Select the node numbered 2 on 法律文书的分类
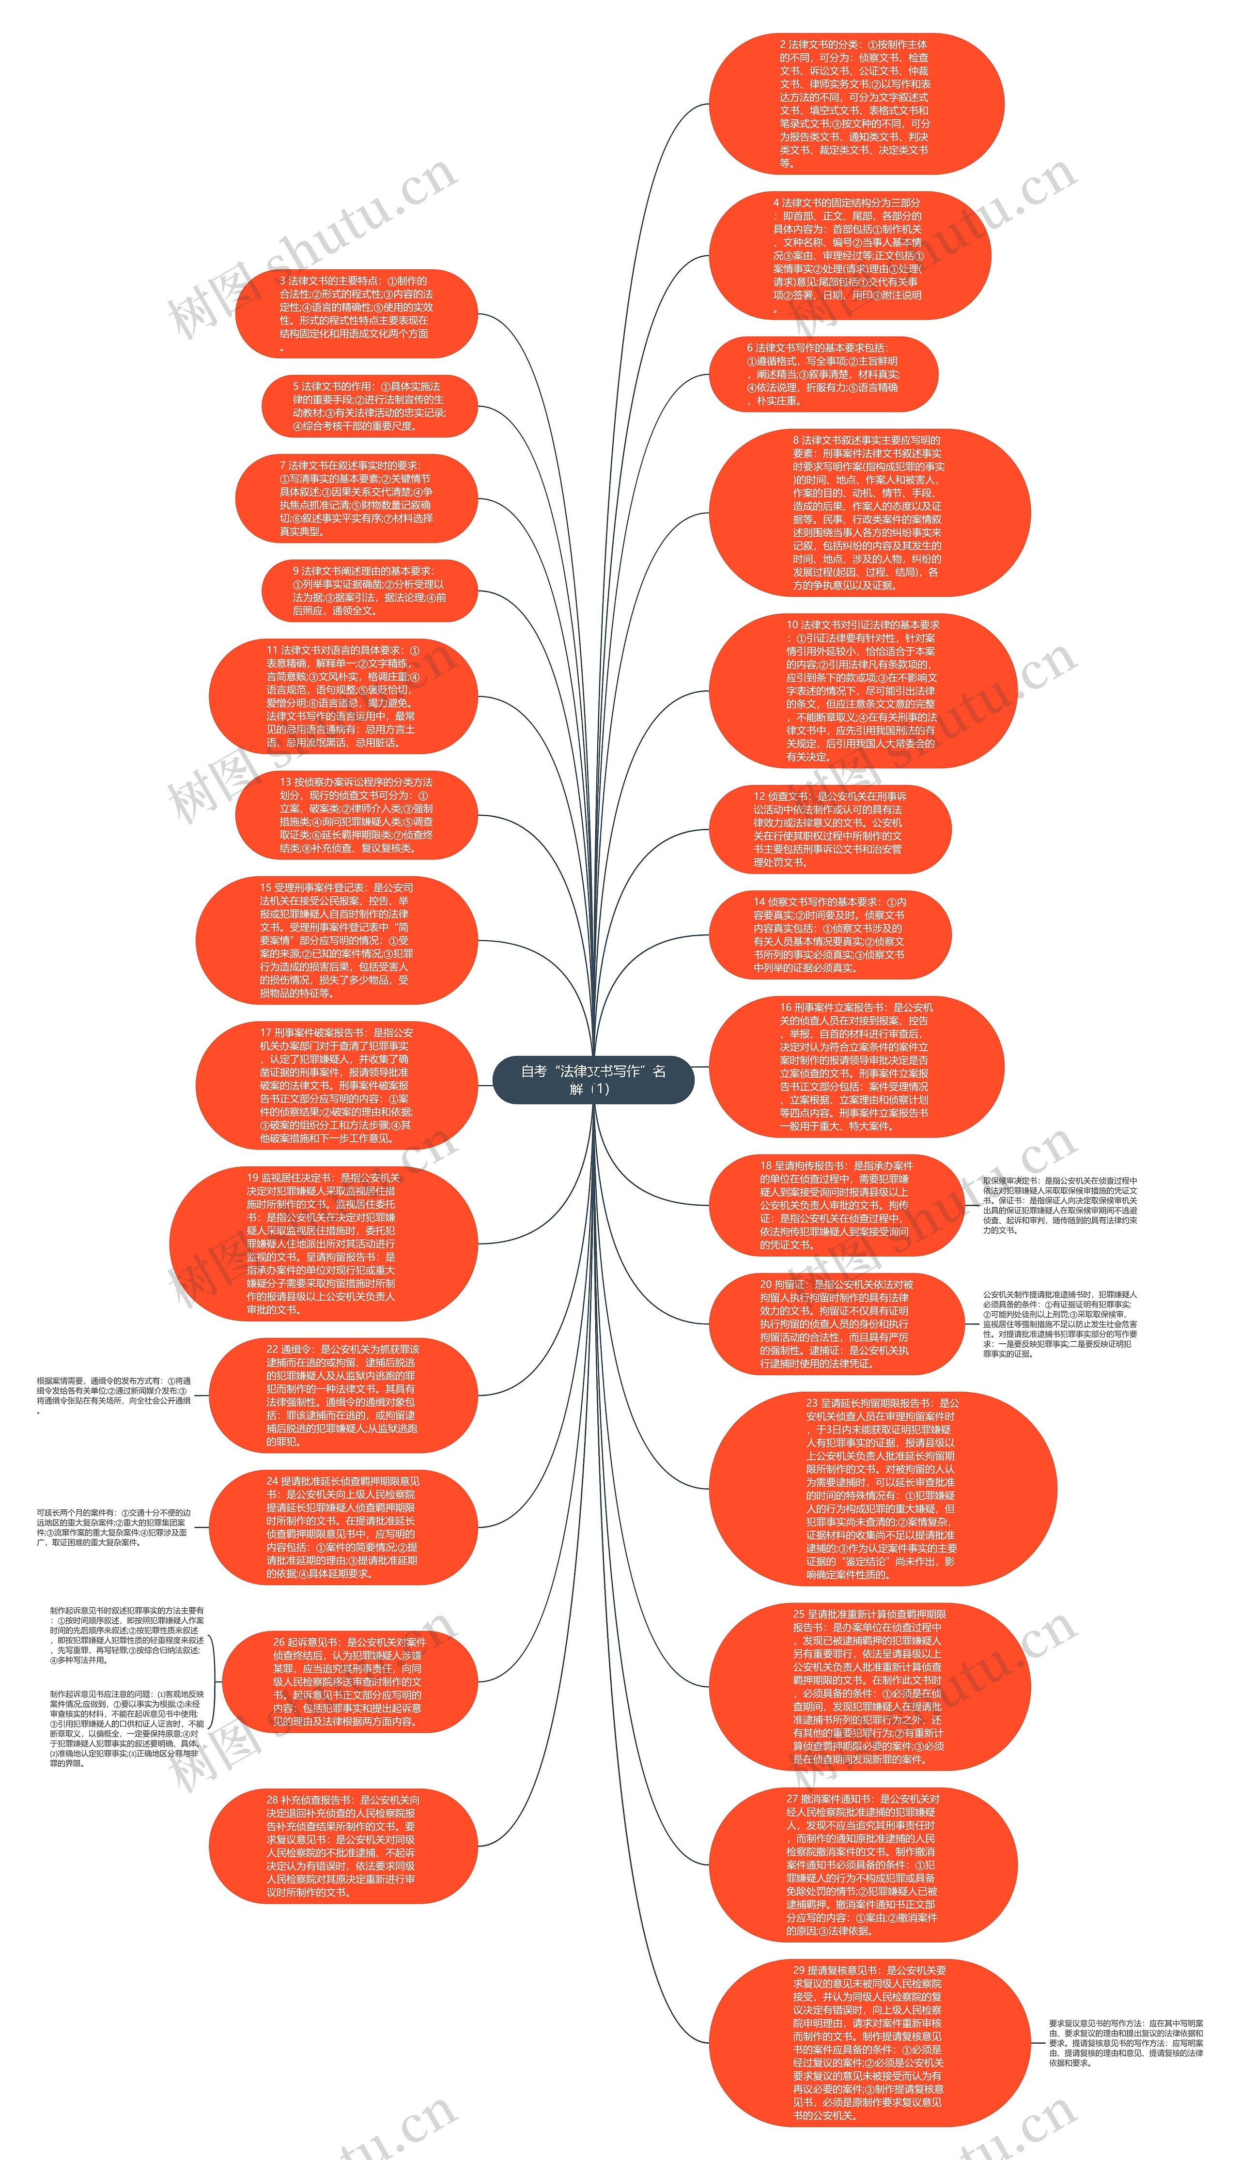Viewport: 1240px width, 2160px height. [856, 103]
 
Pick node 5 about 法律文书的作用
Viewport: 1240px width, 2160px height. [369, 406]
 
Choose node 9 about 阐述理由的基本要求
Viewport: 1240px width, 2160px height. [369, 590]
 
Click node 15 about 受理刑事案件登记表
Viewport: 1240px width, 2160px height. [337, 940]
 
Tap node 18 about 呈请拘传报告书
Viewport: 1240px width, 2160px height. [836, 1205]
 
